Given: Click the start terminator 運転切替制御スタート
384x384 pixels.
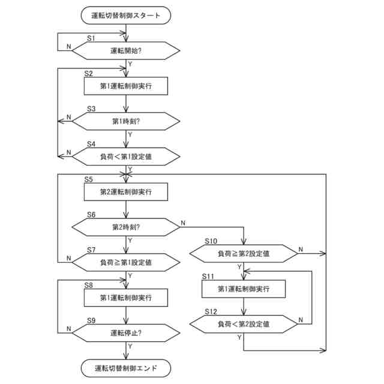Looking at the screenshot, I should (126, 16).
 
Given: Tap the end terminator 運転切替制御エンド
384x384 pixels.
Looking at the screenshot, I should (126, 367).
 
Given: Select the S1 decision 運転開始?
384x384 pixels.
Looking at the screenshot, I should (126, 51).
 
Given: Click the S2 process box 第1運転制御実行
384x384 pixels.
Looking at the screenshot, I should (126, 86).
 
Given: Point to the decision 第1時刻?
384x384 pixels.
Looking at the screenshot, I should (126, 121).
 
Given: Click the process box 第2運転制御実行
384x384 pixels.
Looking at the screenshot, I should (126, 191).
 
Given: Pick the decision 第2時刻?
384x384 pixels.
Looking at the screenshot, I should (126, 227).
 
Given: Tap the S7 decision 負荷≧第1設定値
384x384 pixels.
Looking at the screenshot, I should (126, 262).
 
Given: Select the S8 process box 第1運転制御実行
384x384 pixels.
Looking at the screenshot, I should (126, 298).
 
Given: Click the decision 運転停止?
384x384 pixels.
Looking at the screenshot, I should (126, 332).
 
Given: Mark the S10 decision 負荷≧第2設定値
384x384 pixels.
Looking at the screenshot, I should (244, 254).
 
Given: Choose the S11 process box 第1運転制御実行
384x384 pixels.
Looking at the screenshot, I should (244, 289).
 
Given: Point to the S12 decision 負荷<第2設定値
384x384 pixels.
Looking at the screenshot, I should (244, 324).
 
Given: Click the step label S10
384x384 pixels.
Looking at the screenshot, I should (211, 241).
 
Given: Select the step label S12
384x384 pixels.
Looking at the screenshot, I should (211, 311).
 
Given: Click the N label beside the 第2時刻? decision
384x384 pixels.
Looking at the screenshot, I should (183, 223).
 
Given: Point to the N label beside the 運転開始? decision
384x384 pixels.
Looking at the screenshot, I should (68, 46).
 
